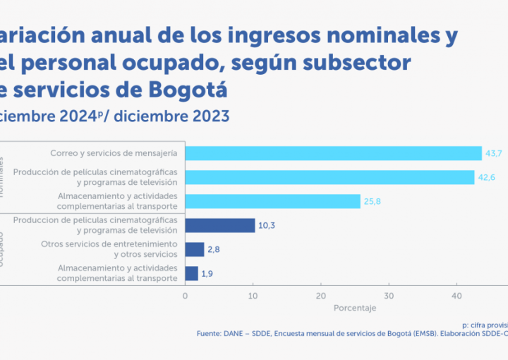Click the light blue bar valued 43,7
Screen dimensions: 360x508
click(333, 153)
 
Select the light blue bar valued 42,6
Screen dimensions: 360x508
click(329, 177)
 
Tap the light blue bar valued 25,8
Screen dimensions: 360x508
click(272, 201)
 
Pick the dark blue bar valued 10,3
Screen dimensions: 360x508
click(219, 225)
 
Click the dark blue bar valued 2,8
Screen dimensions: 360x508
click(194, 249)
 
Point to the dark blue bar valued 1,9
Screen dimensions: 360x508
click(191, 273)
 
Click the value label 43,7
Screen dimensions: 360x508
click(492, 153)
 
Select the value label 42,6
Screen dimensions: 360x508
click(486, 177)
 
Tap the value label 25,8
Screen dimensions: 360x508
click(372, 201)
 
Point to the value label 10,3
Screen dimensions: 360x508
click(267, 225)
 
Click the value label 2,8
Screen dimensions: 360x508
click(214, 249)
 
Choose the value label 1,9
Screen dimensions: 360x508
click(209, 273)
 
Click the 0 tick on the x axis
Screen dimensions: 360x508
click(185, 296)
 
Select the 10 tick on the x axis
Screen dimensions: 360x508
click(253, 296)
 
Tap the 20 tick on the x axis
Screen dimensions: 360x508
click(321, 296)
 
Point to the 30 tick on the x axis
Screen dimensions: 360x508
click(389, 296)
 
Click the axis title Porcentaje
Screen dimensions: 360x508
click(355, 308)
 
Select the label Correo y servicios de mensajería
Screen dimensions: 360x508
click(114, 153)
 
